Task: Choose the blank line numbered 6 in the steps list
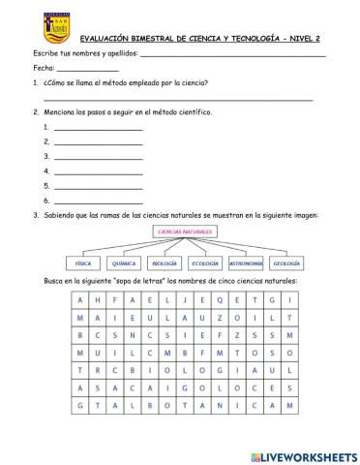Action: [98, 200]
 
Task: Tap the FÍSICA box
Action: [82, 263]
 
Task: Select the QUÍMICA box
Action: [123, 263]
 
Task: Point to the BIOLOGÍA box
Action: [165, 263]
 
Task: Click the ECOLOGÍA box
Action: [205, 263]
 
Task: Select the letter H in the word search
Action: [98, 301]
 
